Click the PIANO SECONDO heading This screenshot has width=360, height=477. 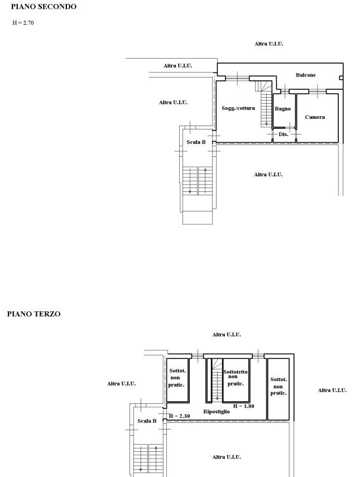tap(44, 7)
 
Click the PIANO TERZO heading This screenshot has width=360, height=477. tap(34, 314)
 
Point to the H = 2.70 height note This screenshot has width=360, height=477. tap(23, 23)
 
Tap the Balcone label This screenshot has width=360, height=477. tap(305, 75)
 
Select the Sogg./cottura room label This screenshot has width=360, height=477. tap(238, 108)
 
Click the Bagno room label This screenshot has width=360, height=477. tap(283, 109)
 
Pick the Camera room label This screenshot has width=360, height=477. tap(315, 117)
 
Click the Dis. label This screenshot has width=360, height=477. tap(284, 134)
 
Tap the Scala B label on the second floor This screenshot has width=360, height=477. tap(196, 142)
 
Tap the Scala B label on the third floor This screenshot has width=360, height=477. tap(147, 421)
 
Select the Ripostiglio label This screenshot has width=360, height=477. tap(217, 412)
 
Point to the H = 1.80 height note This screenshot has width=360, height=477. tap(243, 406)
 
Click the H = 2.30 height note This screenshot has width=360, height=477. tap(180, 416)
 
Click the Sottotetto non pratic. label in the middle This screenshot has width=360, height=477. tap(236, 378)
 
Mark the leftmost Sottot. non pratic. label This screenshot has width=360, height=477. tap(177, 378)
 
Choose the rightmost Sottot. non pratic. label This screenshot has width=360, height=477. tap(279, 387)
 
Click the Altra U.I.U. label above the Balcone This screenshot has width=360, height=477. tap(268, 44)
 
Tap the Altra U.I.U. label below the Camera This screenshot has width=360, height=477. tap(268, 175)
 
